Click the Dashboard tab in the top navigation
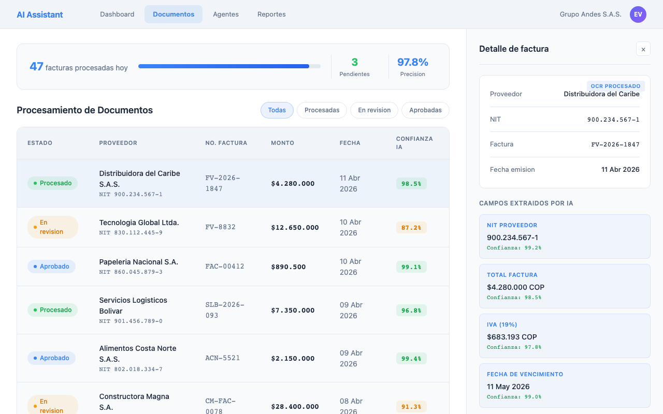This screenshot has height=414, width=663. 117,14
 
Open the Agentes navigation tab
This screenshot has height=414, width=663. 226,14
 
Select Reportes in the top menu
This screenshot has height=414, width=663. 271,14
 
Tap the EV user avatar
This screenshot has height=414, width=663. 638,14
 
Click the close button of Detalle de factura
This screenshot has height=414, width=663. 643,49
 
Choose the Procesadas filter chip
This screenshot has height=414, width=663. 322,110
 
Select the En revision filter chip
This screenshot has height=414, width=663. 374,110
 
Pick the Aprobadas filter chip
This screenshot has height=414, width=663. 425,110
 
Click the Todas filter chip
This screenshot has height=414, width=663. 277,110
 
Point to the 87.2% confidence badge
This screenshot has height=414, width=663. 411,228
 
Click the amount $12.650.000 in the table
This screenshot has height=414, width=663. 295,228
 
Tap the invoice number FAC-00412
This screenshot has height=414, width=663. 225,267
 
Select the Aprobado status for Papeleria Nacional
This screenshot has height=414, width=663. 51,267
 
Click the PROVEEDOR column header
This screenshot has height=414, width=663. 118,143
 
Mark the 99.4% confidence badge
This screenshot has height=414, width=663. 411,359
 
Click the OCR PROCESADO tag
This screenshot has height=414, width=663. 616,86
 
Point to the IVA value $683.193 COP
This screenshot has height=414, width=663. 512,337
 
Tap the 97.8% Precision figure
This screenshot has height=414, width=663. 413,63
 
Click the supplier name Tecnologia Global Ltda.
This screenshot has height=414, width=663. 139,223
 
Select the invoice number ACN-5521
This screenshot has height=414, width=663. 223,358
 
